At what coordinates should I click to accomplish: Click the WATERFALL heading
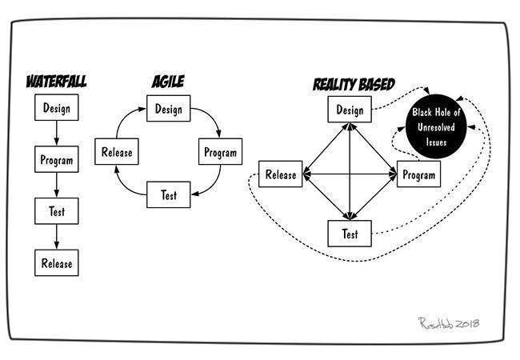click(x=56, y=81)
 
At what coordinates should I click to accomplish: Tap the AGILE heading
click(x=169, y=81)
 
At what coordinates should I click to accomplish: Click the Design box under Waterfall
click(x=57, y=106)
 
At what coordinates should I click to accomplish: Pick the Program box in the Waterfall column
click(x=57, y=159)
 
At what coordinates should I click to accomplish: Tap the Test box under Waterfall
click(x=56, y=211)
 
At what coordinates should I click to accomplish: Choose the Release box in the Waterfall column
click(x=57, y=262)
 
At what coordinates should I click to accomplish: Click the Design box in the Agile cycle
click(x=169, y=109)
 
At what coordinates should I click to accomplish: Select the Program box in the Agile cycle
click(x=220, y=151)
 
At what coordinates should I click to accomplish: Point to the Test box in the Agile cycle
click(x=168, y=194)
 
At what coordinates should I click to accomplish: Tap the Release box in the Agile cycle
click(x=117, y=151)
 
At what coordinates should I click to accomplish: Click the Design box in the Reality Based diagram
click(x=350, y=110)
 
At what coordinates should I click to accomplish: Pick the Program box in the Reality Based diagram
click(x=418, y=173)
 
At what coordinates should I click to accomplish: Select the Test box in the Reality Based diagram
click(x=350, y=233)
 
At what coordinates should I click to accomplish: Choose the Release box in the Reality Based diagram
click(x=281, y=174)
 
